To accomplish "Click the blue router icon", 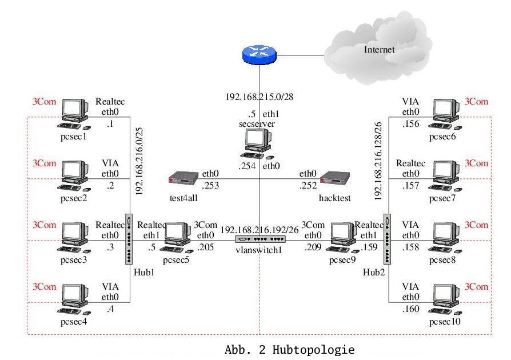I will point(259,55).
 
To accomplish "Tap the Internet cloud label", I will point(380,49).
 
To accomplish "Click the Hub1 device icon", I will point(128,239).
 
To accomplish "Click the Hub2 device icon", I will point(386,239).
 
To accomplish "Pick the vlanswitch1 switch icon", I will point(259,239).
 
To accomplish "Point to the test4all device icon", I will point(183,179).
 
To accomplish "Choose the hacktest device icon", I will point(334,179).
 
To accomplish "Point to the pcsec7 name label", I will point(441,198).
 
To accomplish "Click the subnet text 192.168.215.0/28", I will point(259,97).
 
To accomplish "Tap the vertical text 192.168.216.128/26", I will point(378,160).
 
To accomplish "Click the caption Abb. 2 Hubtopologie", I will point(290,350).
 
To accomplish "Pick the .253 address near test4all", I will point(211,186).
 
